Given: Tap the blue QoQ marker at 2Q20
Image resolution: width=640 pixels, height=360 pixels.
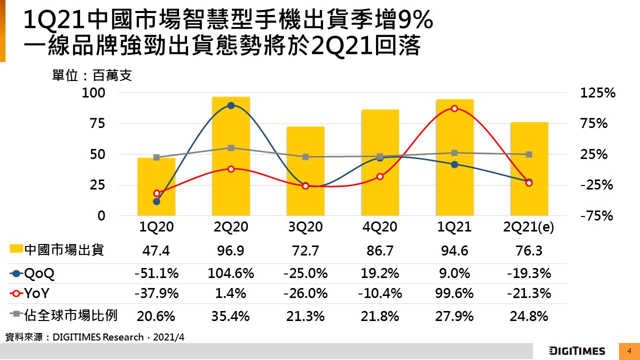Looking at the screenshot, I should [231, 105].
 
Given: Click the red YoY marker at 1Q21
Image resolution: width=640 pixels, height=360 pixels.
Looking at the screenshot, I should [454, 108].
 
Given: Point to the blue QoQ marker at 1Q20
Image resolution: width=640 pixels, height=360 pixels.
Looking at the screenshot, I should [156, 201].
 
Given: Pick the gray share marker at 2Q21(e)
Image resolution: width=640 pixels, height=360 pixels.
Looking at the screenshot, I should [529, 154].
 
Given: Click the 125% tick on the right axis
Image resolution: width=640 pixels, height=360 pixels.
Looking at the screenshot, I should [597, 93].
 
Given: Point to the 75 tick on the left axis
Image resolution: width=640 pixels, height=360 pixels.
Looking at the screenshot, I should [98, 123].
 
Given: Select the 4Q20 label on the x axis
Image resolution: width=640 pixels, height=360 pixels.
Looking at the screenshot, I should [380, 227].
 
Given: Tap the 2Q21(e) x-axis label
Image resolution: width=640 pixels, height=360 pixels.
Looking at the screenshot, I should [529, 227].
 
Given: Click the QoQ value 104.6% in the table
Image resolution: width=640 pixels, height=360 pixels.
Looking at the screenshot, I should [230, 273].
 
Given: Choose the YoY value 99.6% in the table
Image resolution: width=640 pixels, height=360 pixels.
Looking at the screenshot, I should [454, 293].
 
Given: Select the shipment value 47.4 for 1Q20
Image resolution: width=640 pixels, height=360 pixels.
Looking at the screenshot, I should [156, 250].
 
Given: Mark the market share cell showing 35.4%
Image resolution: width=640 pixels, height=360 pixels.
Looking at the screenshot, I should [230, 316].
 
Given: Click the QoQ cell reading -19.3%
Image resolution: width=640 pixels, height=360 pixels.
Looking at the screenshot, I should [529, 273].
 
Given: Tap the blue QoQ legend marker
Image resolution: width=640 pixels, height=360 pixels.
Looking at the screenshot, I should [16, 273].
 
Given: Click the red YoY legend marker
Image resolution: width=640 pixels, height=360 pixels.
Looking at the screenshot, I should [16, 293].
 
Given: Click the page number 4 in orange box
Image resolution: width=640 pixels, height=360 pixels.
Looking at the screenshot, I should [629, 351].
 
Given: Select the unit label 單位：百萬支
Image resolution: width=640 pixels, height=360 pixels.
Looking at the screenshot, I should [92, 76].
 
